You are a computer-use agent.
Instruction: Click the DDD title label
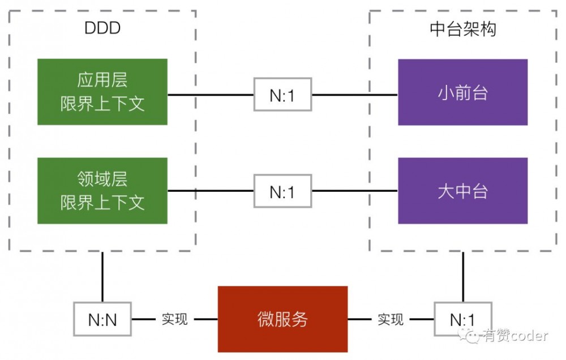click(102, 29)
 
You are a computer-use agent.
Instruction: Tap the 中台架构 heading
click(462, 29)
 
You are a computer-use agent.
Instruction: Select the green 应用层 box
click(102, 92)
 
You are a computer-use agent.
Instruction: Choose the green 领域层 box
click(102, 191)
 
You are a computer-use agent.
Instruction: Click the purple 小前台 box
click(462, 92)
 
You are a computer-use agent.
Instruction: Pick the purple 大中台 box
click(462, 191)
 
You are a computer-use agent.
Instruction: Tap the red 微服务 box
click(282, 319)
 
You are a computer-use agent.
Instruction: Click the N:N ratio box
click(102, 320)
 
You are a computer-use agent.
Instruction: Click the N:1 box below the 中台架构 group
click(463, 320)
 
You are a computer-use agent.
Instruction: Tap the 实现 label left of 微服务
click(174, 320)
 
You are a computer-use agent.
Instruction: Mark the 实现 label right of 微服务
click(391, 320)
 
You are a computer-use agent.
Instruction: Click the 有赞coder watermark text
click(515, 336)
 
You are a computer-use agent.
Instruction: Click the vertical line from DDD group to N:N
click(102, 276)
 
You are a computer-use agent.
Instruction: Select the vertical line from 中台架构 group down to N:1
click(463, 276)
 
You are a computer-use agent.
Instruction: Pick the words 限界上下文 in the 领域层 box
click(102, 202)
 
